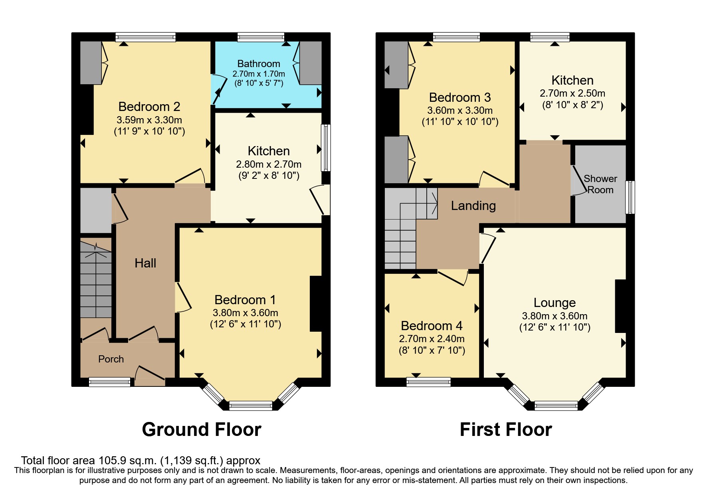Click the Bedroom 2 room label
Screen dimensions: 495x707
pos(149,107)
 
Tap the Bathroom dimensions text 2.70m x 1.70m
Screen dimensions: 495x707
pos(259,74)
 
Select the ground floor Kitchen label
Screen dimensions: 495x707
pos(269,151)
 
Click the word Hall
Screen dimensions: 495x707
pos(145,263)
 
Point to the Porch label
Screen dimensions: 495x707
pos(111,359)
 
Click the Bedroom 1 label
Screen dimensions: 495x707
pos(245,300)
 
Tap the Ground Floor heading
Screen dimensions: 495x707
pos(202,430)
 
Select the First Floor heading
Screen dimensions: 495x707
pos(506,430)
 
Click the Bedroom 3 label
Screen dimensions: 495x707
pos(460,97)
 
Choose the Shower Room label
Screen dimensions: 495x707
pos(600,184)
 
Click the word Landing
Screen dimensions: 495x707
pos(473,206)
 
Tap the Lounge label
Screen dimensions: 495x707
pos(555,303)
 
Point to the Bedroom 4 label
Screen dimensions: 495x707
pos(432,326)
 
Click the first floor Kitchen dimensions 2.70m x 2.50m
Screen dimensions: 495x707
pos(572,93)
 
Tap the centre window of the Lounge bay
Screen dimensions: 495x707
pos(556,406)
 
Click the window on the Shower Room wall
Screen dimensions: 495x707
pos(630,197)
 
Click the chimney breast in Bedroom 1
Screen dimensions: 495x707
pos(316,304)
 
